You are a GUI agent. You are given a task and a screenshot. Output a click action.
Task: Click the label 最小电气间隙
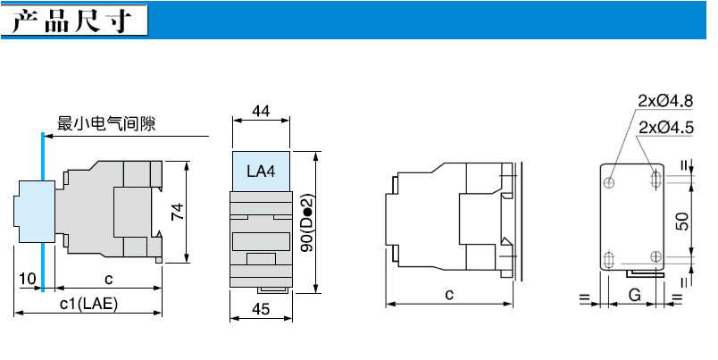(106, 123)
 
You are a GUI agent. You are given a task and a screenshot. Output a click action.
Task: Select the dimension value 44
(261, 111)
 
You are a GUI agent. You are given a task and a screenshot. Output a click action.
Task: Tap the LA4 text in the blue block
(261, 172)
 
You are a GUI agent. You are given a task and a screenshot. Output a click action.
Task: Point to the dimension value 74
(177, 212)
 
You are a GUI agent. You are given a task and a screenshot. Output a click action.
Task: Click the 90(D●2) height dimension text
(309, 222)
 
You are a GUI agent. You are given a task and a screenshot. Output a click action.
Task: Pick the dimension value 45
(261, 310)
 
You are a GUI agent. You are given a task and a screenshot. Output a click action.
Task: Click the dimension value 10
(28, 279)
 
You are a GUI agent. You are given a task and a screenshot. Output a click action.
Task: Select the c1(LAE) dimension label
(88, 304)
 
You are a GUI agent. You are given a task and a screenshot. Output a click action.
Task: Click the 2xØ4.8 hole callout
(666, 101)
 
